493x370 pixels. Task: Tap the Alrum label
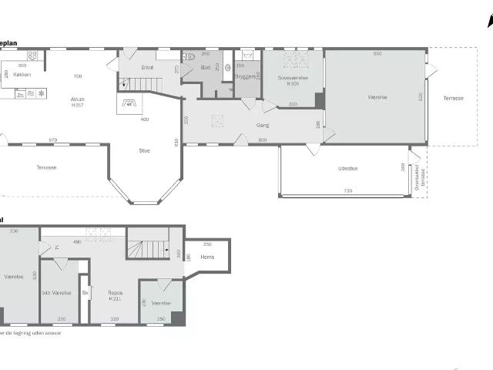click(77, 99)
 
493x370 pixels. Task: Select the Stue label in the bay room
click(145, 150)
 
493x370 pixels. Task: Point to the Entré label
click(148, 68)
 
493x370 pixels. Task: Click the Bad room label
click(205, 68)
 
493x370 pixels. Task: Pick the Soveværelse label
click(293, 77)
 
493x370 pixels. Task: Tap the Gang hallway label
click(262, 125)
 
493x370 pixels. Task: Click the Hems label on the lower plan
click(207, 257)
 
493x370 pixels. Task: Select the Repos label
click(115, 293)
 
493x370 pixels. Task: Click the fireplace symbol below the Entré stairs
click(129, 103)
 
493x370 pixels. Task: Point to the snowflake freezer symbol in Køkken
click(42, 92)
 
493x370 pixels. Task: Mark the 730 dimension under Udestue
click(347, 190)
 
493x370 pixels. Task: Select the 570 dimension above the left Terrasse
click(52, 140)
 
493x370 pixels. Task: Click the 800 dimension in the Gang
click(262, 140)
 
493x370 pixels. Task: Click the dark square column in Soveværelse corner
click(319, 99)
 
